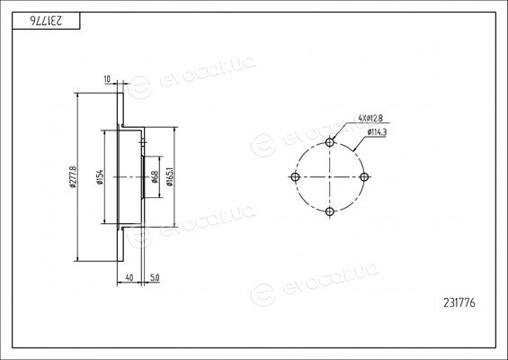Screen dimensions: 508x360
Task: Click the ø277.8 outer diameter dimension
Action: pos(73,177)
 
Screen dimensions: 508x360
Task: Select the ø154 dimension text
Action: pos(100,177)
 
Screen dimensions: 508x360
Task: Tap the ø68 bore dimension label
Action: pos(155,177)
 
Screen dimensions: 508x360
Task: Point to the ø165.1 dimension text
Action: pos(169,177)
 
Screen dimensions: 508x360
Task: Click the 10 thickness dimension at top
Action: pos(107,79)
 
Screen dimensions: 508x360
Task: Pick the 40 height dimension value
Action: pos(129,277)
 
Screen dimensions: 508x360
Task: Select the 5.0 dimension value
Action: pos(155,277)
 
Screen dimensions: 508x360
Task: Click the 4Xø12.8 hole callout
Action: pos(370,119)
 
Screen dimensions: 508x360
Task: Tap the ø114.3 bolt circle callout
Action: pos(377,132)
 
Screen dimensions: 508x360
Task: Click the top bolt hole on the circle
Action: pos(329,142)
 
